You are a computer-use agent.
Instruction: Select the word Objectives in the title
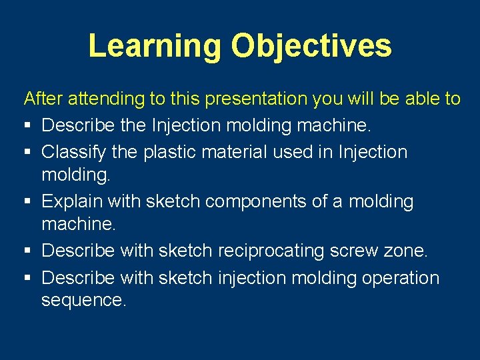coord(311,45)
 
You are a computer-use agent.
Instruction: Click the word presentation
coord(257,99)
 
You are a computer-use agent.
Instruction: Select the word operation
coord(401,277)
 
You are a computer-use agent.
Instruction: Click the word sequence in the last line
coord(83,301)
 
